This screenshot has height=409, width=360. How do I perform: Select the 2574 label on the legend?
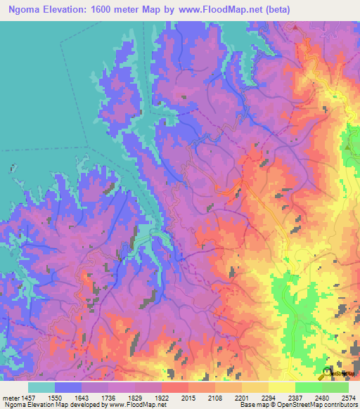coord(347,397)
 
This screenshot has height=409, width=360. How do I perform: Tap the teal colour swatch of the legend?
coord(41,387)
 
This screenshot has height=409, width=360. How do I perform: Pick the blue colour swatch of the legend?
coord(68,387)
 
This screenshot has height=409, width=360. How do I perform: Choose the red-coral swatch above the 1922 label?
coord(175,387)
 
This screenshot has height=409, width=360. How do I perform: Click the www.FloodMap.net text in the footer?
coord(134,405)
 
